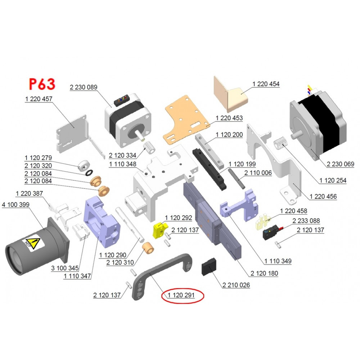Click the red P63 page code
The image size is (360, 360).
[x=42, y=84]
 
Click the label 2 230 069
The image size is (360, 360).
[x=340, y=164]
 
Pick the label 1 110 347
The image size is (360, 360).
[x=77, y=276]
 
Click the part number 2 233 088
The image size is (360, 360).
[x=306, y=221]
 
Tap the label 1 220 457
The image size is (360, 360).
[x=39, y=98]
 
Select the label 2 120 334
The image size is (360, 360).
[x=122, y=156]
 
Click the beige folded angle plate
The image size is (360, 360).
[x=230, y=94]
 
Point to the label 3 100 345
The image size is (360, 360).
[x=65, y=268]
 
